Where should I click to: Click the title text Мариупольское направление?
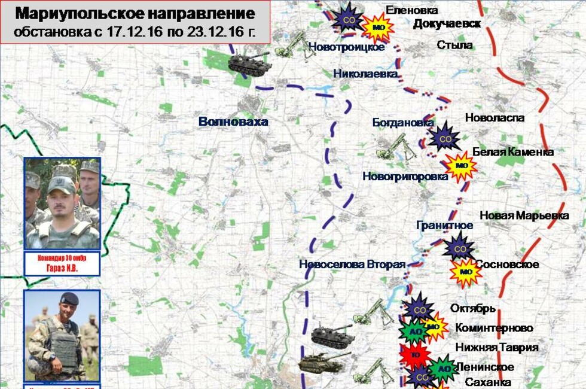pos(135,14)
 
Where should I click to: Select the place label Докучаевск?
pos(447,24)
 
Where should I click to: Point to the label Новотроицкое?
pos(347,47)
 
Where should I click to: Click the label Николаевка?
pos(366,74)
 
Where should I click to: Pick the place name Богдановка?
pos(403,122)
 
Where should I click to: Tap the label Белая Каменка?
pos(513,151)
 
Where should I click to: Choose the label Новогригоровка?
pos(405,176)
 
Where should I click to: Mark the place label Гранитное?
pos(445,225)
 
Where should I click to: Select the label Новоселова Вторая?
pos(352,265)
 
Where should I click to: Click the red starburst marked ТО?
pos(415,354)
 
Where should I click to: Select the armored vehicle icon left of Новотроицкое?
pos(250,62)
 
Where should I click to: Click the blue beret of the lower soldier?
pos(69,299)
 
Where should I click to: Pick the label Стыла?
pos(454,45)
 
